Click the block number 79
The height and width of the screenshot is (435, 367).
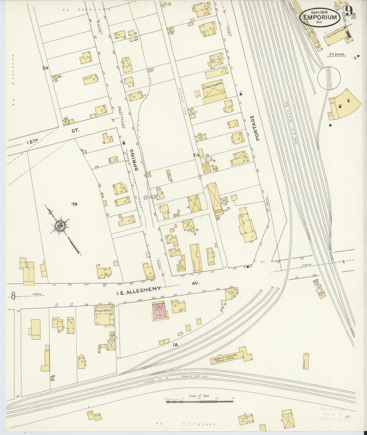click(74, 204)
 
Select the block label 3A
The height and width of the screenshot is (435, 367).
click(45, 68)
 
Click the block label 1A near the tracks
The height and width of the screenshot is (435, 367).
click(175, 345)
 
